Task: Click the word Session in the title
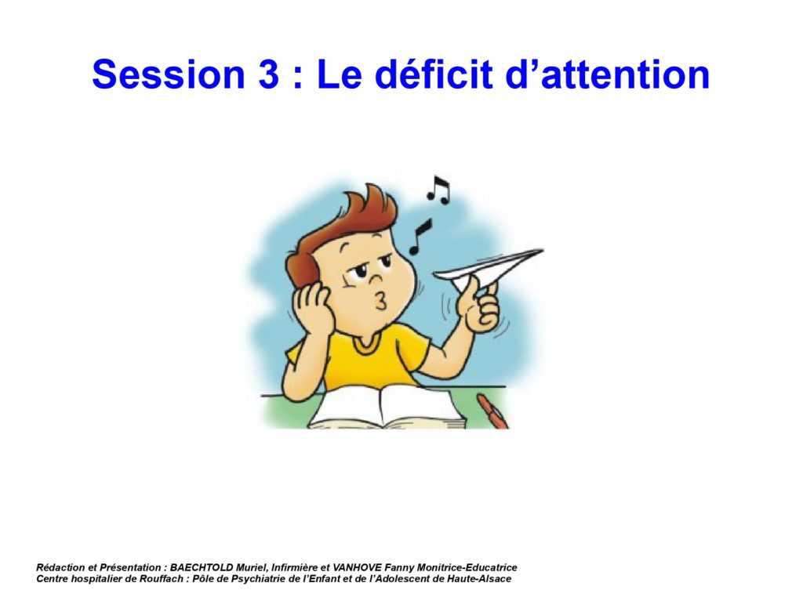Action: tap(169, 74)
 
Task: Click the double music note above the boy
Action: tap(438, 190)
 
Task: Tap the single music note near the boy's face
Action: tap(420, 237)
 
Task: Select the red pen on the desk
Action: tap(492, 410)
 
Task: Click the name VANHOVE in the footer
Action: tap(357, 567)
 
